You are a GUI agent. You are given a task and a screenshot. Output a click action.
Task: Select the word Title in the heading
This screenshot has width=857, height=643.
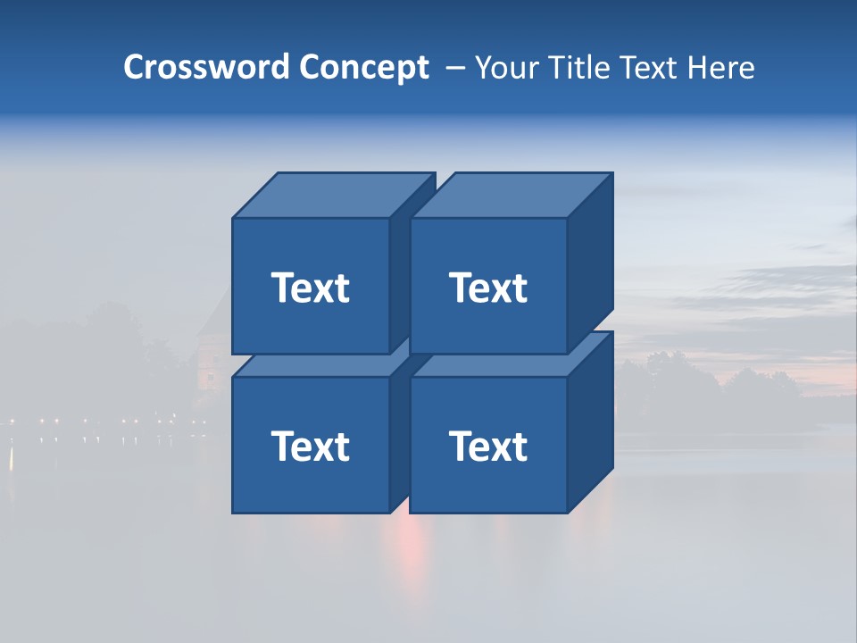click(578, 67)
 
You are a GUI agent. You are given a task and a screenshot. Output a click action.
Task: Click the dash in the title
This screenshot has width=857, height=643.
click(454, 67)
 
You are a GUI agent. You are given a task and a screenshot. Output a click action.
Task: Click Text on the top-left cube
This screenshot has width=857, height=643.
click(311, 288)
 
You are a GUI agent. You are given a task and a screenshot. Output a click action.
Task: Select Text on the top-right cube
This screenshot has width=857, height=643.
click(488, 288)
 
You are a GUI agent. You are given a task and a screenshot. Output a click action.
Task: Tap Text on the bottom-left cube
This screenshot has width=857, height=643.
click(311, 446)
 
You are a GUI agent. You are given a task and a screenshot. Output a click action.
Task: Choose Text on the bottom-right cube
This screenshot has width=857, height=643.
click(488, 446)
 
